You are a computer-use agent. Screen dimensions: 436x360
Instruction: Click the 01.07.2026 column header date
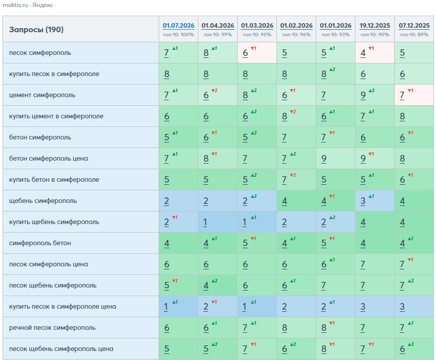tap(178, 26)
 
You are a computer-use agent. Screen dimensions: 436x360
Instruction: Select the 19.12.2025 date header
tap(375, 26)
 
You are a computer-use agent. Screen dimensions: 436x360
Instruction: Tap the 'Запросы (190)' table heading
tap(36, 30)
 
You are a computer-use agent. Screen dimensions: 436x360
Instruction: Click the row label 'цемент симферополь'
tap(42, 95)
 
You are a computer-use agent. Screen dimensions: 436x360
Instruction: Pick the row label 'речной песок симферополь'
tap(52, 328)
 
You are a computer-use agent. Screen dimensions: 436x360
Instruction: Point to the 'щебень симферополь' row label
tap(43, 201)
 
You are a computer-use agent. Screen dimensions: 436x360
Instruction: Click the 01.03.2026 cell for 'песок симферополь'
tap(257, 53)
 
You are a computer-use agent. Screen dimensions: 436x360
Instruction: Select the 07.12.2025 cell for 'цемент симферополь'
tap(414, 95)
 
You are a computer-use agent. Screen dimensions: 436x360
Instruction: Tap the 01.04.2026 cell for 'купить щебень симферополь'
tap(217, 222)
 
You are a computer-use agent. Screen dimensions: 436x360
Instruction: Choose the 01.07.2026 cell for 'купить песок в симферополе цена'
tap(178, 306)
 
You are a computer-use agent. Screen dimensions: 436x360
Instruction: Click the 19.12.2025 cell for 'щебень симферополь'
tap(375, 201)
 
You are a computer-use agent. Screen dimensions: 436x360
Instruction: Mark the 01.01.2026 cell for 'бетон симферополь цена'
tap(335, 159)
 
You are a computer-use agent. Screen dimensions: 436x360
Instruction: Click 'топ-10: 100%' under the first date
tap(178, 35)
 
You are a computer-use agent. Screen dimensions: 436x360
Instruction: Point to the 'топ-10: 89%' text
tap(414, 35)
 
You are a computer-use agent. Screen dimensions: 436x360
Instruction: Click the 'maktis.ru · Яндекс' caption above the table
tap(28, 5)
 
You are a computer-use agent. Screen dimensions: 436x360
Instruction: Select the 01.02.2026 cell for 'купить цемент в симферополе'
tap(296, 116)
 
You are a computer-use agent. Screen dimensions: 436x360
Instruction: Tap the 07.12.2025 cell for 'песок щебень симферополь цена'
tap(414, 348)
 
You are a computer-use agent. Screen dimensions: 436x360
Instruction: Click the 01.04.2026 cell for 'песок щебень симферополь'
tap(217, 285)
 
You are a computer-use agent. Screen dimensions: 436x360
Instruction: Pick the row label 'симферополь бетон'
tap(40, 243)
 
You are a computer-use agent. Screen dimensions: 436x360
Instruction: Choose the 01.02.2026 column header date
tap(296, 26)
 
